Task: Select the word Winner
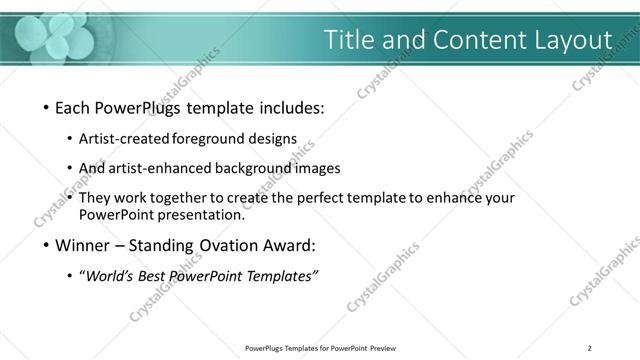[84, 245]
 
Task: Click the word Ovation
[230, 245]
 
